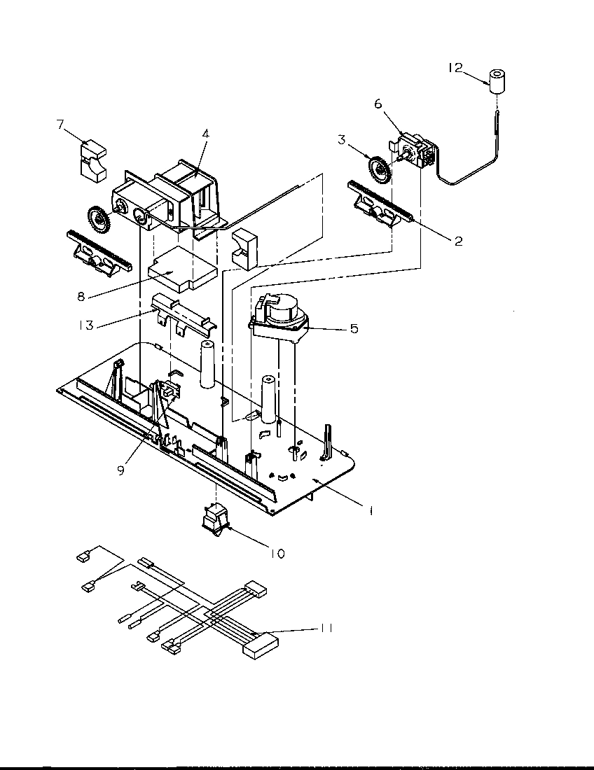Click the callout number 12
(455, 67)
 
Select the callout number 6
(378, 104)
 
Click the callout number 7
(61, 125)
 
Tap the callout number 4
(205, 132)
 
